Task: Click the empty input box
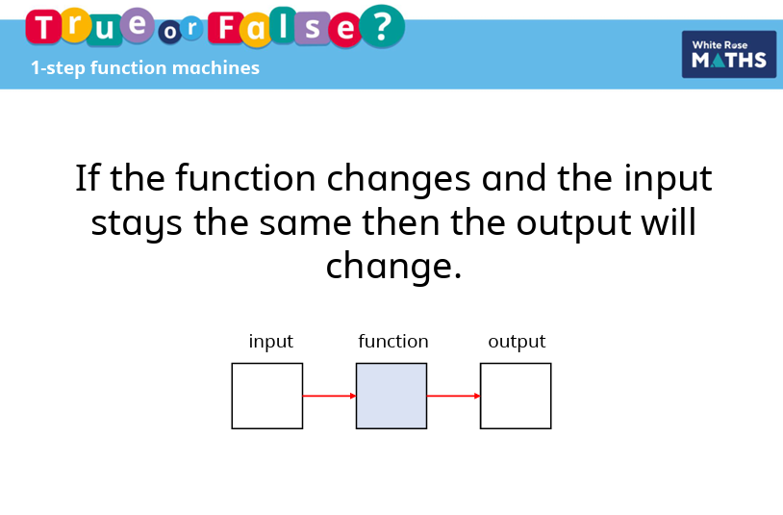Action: click(267, 396)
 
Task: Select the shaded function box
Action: click(391, 396)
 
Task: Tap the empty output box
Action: click(516, 396)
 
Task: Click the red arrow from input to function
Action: click(330, 396)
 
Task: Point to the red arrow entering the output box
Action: click(454, 396)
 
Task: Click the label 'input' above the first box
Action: click(270, 342)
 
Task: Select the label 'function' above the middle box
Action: click(393, 341)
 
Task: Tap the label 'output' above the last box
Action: click(517, 342)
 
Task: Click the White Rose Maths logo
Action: click(729, 55)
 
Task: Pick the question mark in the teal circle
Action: click(382, 27)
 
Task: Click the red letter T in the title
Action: click(43, 27)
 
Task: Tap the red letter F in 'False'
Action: click(226, 27)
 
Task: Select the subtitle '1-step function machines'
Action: click(145, 68)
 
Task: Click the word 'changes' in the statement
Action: click(398, 180)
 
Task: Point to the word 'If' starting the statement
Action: click(87, 177)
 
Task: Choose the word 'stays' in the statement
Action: click(137, 224)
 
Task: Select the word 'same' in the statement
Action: click(305, 224)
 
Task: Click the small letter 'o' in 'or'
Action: click(170, 32)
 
